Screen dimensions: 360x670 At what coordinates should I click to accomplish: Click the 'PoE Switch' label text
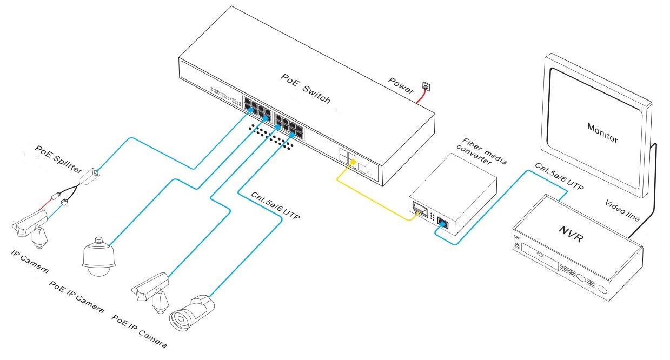tap(305, 88)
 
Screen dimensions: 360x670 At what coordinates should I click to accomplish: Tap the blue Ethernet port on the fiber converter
tap(442, 222)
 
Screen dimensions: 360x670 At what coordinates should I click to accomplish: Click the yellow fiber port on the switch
tap(352, 159)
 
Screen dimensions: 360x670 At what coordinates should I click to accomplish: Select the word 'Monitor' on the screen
tap(602, 132)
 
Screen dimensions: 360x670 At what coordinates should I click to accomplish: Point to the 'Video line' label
tap(622, 210)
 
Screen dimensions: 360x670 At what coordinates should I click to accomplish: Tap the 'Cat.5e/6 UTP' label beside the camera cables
tap(275, 205)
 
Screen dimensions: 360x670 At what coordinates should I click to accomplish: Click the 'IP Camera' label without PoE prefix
tap(29, 260)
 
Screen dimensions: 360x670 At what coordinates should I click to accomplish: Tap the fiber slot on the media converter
tap(420, 209)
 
